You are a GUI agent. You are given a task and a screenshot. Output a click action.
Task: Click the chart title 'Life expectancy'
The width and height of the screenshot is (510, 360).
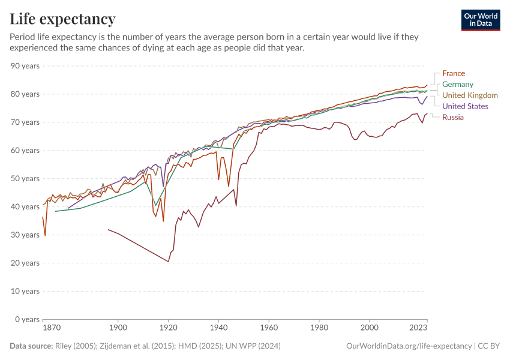click(x=62, y=19)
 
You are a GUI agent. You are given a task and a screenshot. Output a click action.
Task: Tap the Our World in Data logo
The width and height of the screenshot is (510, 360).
click(x=481, y=20)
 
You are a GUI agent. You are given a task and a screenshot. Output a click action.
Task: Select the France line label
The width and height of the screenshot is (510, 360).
click(x=453, y=74)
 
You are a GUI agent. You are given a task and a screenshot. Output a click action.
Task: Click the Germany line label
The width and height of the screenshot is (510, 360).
click(x=457, y=85)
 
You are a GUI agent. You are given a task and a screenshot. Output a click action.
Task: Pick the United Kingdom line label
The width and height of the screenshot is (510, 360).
click(x=470, y=95)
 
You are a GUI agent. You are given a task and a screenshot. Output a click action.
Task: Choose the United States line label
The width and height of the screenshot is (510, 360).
click(x=465, y=106)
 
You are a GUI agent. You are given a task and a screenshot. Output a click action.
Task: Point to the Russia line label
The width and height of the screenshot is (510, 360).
click(x=452, y=117)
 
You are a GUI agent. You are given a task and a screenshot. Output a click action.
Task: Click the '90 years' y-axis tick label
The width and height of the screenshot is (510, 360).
click(x=26, y=66)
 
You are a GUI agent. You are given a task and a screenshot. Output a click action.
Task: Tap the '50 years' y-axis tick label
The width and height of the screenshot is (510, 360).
click(x=26, y=179)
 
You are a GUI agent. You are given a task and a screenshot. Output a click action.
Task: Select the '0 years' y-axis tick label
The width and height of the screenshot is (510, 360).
click(x=28, y=319)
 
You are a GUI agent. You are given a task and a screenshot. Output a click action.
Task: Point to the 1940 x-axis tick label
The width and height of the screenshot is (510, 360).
click(x=218, y=328)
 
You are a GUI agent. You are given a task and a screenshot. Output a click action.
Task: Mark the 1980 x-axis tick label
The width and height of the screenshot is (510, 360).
click(x=319, y=328)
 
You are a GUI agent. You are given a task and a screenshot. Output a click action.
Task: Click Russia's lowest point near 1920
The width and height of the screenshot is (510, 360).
click(x=168, y=262)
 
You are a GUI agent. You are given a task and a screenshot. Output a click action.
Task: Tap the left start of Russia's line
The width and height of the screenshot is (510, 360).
click(x=109, y=229)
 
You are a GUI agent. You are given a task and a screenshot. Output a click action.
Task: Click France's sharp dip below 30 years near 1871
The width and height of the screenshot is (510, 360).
click(x=45, y=235)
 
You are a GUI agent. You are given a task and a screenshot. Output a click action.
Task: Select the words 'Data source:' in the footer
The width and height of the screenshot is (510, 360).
click(x=31, y=346)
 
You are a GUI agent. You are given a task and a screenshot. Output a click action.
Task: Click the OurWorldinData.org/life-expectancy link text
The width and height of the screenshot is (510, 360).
click(x=409, y=346)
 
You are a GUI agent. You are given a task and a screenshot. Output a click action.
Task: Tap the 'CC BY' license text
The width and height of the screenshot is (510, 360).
click(x=489, y=346)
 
